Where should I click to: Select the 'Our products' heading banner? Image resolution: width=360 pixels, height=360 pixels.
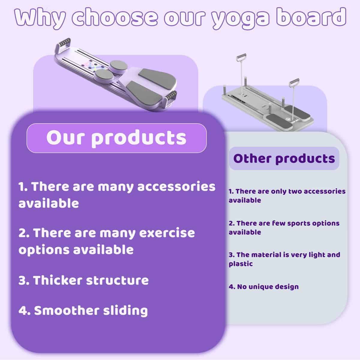116,138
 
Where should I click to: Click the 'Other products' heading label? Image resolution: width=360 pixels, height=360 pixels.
284,158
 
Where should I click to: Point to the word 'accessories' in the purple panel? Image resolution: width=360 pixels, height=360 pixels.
176,187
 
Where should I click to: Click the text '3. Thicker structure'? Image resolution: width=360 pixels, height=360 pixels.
83,280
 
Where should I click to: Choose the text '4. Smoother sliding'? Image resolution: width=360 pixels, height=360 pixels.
83,310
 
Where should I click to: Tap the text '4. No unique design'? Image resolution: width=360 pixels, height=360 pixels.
264,286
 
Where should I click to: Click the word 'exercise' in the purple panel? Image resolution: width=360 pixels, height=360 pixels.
166,233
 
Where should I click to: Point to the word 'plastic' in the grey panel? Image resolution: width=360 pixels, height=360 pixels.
241,264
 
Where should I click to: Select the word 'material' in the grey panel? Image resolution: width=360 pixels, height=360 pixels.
266,255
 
